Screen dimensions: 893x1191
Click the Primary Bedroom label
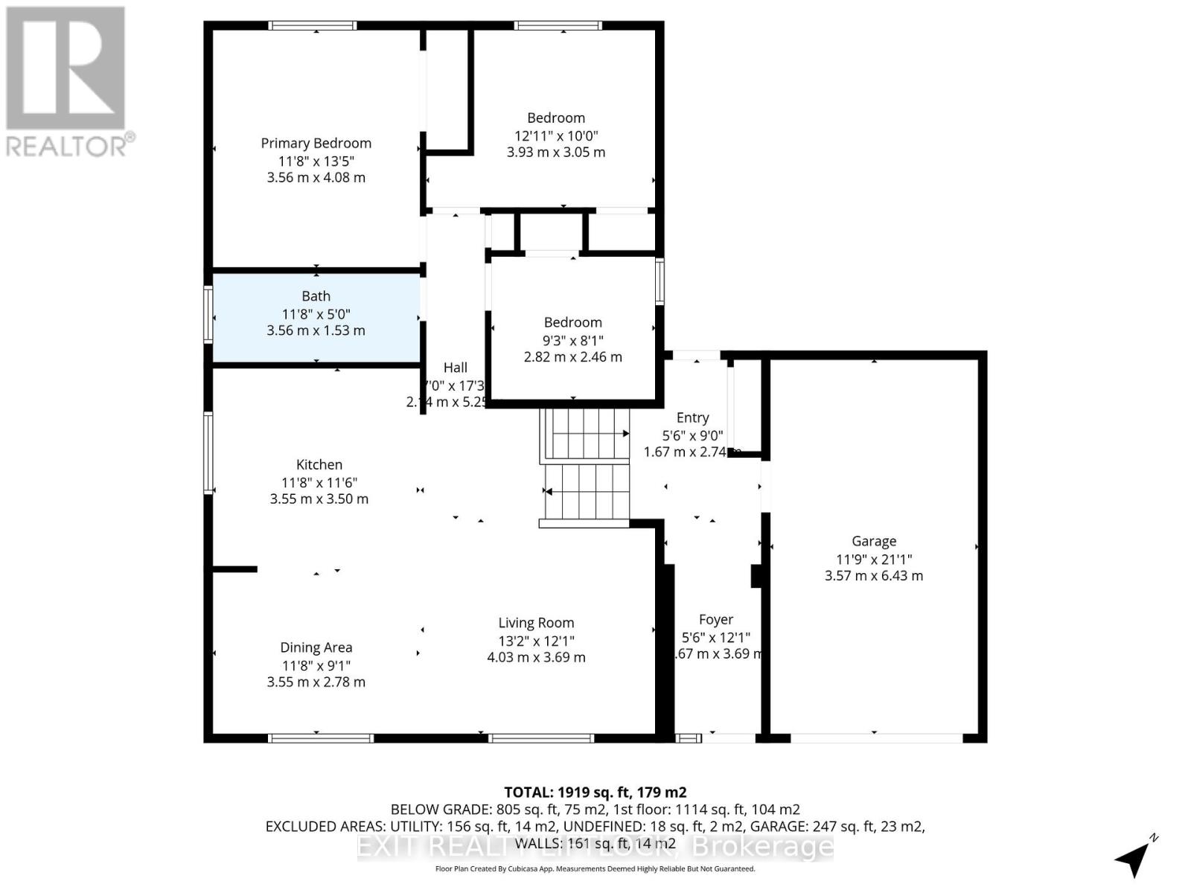[x=316, y=143]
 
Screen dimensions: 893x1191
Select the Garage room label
[x=874, y=541]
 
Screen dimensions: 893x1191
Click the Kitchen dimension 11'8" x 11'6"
[x=319, y=482]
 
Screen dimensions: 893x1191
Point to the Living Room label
[x=536, y=623]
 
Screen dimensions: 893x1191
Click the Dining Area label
[x=316, y=647]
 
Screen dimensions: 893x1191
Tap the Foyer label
[x=715, y=619]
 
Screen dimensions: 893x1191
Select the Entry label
[x=692, y=417]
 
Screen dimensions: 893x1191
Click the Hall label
[x=455, y=368]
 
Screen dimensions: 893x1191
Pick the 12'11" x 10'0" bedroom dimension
[x=556, y=135]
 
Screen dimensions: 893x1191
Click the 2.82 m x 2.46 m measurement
[x=572, y=356]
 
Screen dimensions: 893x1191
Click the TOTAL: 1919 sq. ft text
[x=595, y=793]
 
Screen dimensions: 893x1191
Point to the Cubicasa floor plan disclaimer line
[x=595, y=869]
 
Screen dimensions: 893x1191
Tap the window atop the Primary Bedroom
[x=313, y=25]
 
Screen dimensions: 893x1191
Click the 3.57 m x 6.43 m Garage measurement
[x=874, y=575]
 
